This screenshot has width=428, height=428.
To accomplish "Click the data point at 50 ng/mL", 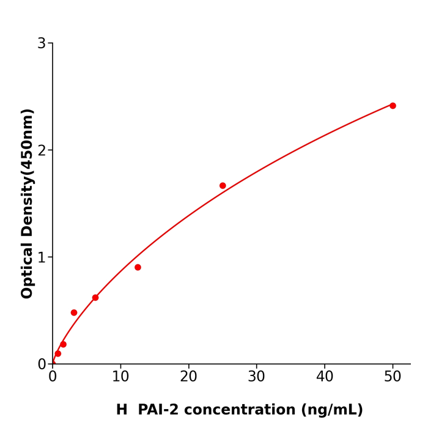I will pyautogui.click(x=393, y=106).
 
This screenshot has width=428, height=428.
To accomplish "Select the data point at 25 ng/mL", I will pyautogui.click(x=223, y=186).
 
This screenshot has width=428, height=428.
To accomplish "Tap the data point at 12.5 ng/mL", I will pyautogui.click(x=138, y=267).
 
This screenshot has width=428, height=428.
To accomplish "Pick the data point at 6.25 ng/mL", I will pyautogui.click(x=95, y=298).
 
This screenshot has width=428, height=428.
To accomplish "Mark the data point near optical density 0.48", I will pyautogui.click(x=74, y=312).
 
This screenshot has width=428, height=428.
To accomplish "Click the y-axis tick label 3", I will pyautogui.click(x=42, y=43).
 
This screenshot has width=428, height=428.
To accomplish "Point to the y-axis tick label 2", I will pyautogui.click(x=42, y=150).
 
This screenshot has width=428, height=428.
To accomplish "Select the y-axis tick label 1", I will pyautogui.click(x=42, y=257).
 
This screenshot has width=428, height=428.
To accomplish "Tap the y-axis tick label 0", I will pyautogui.click(x=42, y=364).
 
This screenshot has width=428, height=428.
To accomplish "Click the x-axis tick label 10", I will pyautogui.click(x=120, y=377).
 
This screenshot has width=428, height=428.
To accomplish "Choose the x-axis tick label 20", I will pyautogui.click(x=188, y=377).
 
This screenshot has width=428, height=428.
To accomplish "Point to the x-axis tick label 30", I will pyautogui.click(x=257, y=377).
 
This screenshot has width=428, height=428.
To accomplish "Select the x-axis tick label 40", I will pyautogui.click(x=325, y=377).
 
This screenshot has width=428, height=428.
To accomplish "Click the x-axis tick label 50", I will pyautogui.click(x=393, y=377).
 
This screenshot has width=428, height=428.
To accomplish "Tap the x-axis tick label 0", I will pyautogui.click(x=53, y=377).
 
